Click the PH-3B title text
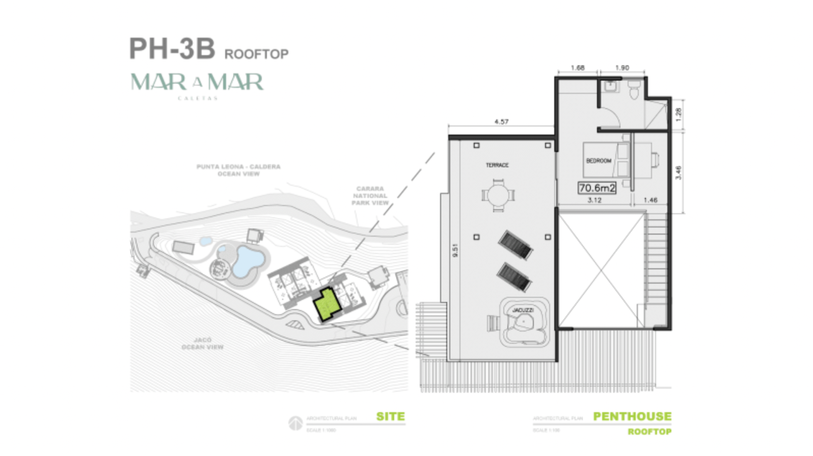click(x=172, y=49)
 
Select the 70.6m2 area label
click(x=597, y=188)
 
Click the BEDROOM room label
click(x=598, y=161)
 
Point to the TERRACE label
click(x=497, y=165)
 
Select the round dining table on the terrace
click(x=498, y=195)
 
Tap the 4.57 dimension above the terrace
click(x=501, y=122)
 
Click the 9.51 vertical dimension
click(x=455, y=249)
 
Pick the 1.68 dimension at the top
click(x=577, y=68)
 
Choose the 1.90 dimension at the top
click(x=621, y=68)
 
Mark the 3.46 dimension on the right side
click(x=678, y=172)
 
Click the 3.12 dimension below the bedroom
click(x=594, y=200)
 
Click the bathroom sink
click(x=610, y=86)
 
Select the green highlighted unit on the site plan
click(x=327, y=304)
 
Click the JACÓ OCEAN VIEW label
click(x=202, y=343)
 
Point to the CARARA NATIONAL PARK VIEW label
click(x=370, y=196)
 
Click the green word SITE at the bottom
click(x=390, y=416)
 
